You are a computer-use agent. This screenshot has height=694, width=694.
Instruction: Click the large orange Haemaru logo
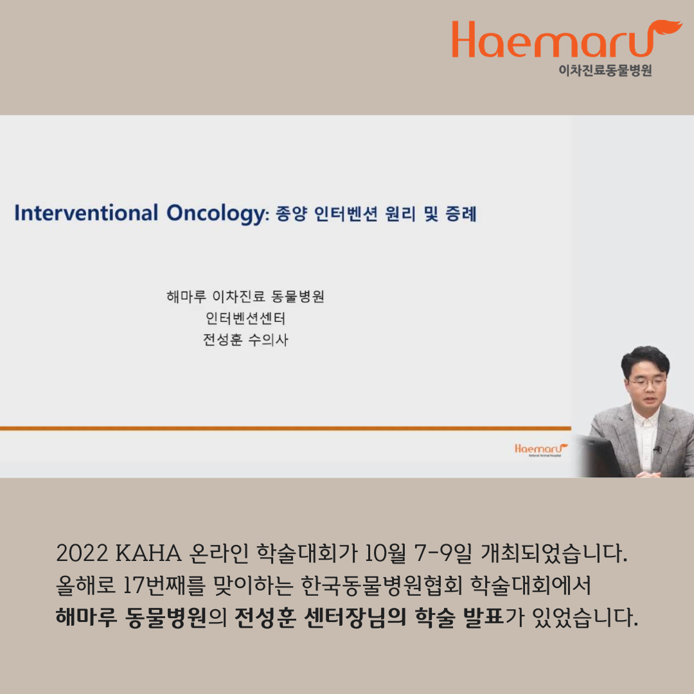coord(567,39)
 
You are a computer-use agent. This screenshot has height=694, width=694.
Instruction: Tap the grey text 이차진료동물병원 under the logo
coord(605,71)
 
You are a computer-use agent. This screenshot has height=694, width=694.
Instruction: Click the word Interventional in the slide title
coord(86,213)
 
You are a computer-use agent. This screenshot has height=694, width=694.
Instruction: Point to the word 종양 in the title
coord(291,214)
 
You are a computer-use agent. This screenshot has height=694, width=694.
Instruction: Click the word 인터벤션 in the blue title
coord(346,214)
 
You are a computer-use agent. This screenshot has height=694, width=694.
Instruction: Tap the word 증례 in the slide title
coord(461,214)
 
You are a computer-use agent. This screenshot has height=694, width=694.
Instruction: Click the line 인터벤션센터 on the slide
coord(245,318)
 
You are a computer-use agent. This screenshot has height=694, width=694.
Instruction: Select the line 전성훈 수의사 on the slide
coord(245,339)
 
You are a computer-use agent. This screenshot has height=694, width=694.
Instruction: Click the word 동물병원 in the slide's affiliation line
coord(298,296)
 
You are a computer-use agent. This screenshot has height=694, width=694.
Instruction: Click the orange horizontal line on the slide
coord(285,429)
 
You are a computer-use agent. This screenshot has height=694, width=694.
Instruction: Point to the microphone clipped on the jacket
coord(658,450)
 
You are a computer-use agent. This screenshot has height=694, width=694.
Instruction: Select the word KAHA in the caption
coord(148,553)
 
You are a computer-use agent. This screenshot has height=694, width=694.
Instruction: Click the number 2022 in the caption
coord(82,553)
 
